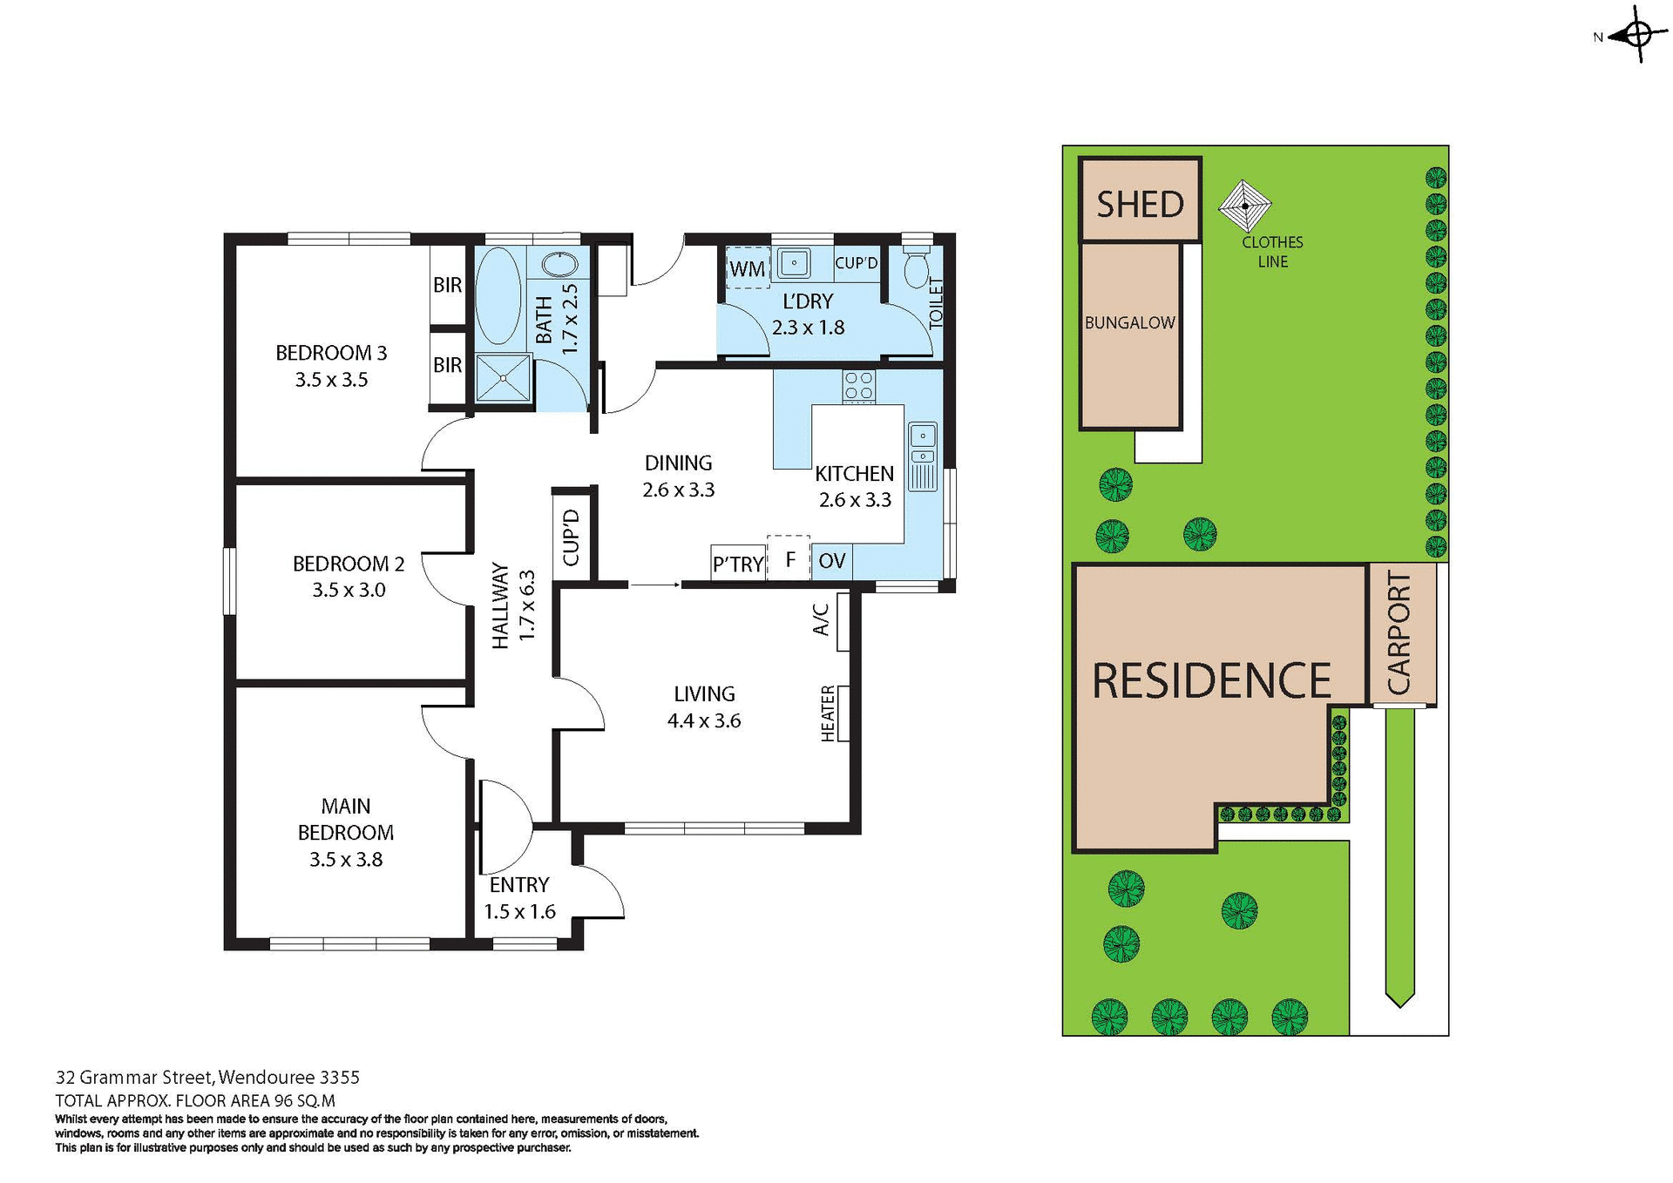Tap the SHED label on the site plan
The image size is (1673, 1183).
click(1140, 205)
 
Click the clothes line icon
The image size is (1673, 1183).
click(1244, 206)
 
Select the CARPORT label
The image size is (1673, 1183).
click(1399, 633)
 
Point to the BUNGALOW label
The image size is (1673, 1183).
click(1129, 323)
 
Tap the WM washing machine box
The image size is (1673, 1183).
click(747, 269)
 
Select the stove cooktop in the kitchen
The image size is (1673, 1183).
click(858, 386)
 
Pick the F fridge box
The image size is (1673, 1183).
click(789, 559)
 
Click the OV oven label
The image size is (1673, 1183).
click(831, 561)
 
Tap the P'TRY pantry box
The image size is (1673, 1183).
click(738, 564)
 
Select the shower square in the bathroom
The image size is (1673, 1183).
click(503, 378)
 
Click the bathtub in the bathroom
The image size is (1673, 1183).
click(498, 296)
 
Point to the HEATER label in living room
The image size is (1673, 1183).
click(829, 713)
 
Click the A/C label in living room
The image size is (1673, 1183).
click(821, 620)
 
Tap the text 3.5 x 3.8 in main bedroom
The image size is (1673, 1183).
click(346, 860)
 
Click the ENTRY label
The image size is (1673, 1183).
click(519, 885)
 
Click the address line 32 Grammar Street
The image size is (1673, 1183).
click(207, 1078)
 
